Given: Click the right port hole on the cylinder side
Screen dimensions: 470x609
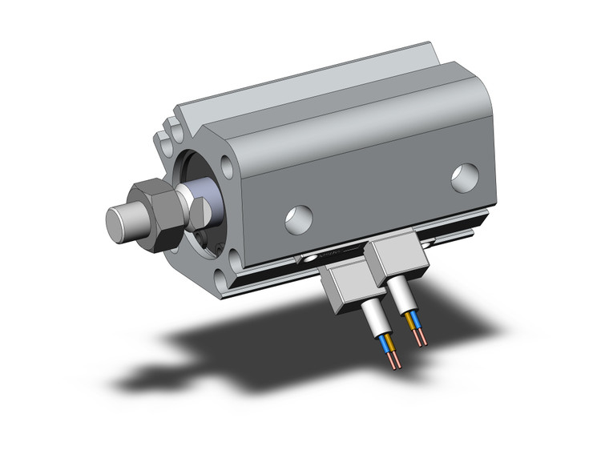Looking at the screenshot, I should point(465,178).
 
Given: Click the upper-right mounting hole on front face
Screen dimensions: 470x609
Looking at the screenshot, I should point(228,168).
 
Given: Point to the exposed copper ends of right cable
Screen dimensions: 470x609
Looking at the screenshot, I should point(421,339).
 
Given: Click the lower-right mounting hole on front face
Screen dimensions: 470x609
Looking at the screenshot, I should point(232,258).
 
